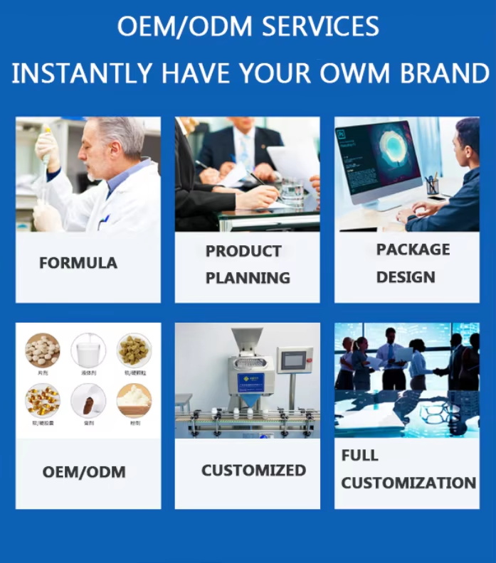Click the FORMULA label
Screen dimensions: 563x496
click(x=78, y=263)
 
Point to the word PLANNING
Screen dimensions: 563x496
click(x=248, y=278)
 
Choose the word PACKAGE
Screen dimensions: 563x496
click(x=413, y=250)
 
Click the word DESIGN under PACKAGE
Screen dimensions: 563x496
click(x=406, y=277)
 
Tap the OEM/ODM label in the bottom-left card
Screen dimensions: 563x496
click(x=84, y=472)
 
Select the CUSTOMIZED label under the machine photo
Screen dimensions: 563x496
click(x=253, y=470)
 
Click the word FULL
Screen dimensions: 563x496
click(x=360, y=456)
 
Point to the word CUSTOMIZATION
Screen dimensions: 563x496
click(x=408, y=483)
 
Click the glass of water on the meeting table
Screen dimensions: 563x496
click(x=292, y=191)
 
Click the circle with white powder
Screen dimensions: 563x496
click(x=134, y=400)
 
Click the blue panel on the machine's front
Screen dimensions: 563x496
click(x=250, y=382)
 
